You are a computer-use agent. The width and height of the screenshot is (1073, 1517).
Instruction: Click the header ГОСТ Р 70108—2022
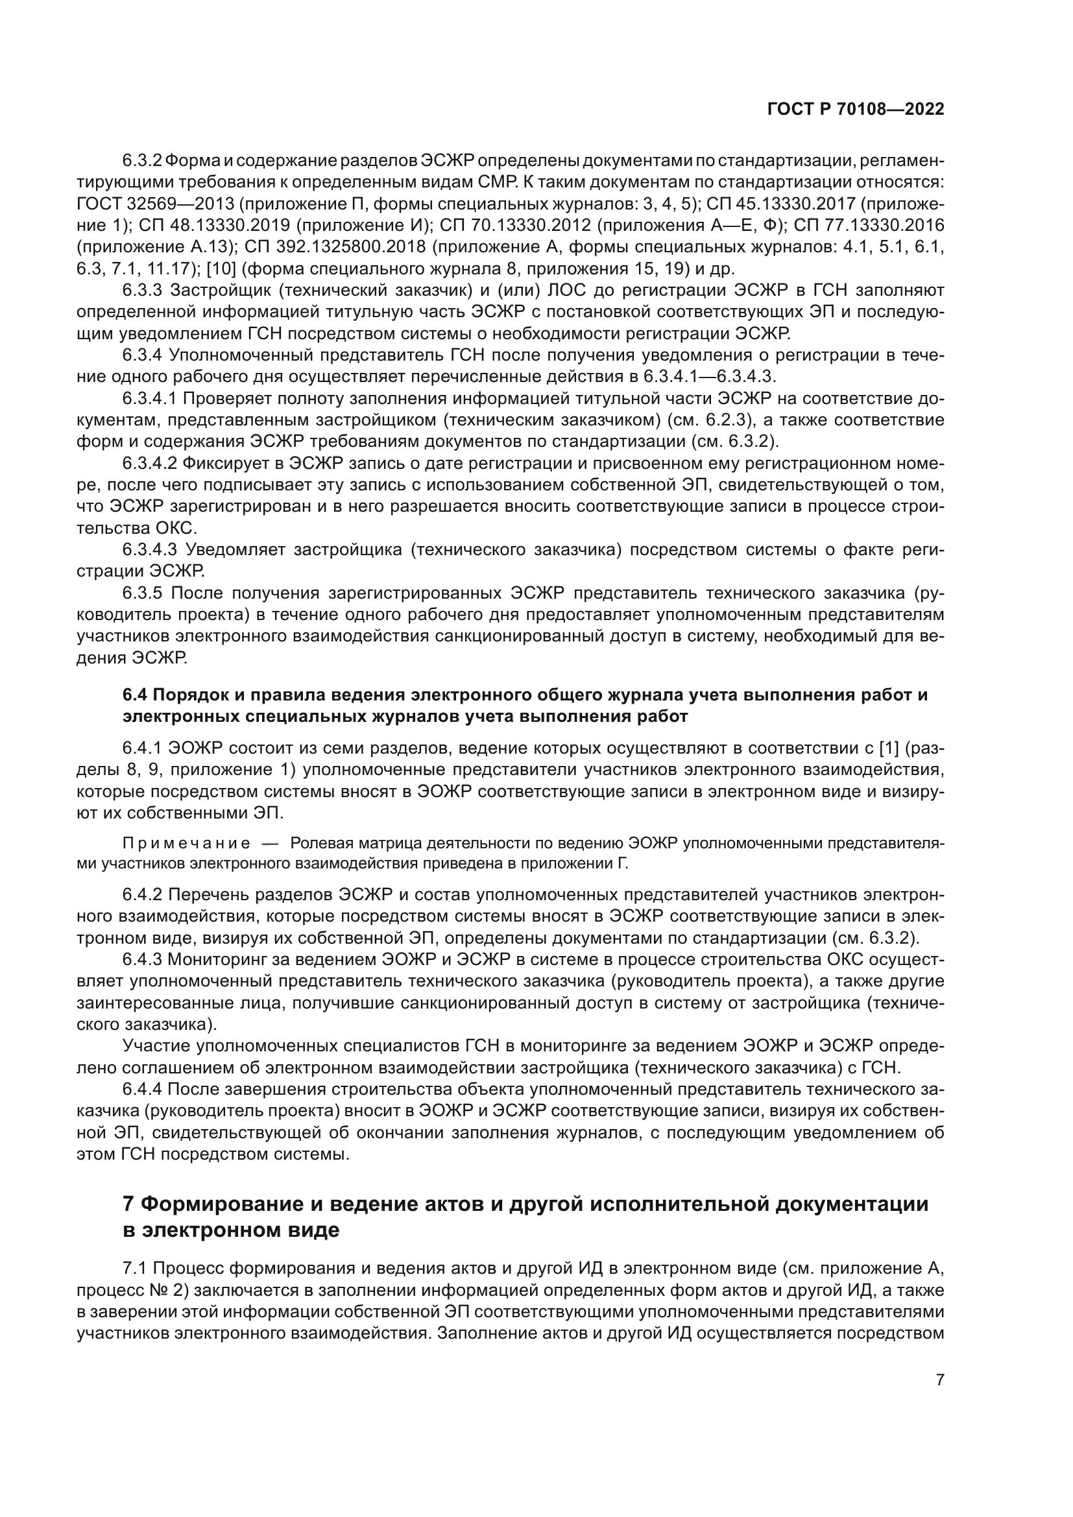point(855,110)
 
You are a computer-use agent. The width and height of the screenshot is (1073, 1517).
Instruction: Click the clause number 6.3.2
point(142,161)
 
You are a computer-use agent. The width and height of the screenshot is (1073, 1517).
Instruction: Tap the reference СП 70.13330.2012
point(513,225)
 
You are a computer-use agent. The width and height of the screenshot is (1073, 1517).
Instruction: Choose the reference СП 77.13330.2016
point(868,225)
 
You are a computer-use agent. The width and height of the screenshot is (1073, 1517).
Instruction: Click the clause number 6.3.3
point(142,290)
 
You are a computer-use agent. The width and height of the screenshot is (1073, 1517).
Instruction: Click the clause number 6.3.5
point(142,593)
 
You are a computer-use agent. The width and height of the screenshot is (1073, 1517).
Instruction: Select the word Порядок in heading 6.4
point(186,695)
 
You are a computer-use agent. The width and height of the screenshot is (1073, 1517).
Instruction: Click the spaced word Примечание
point(186,843)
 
